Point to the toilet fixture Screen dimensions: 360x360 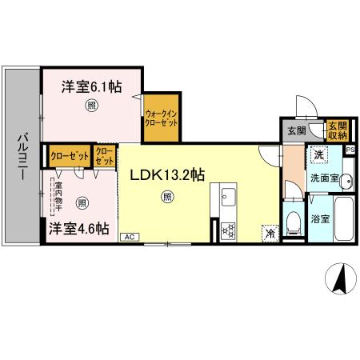(x=293, y=220)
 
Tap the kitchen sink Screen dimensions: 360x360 (x=226, y=197)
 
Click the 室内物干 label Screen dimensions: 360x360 (x=59, y=199)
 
